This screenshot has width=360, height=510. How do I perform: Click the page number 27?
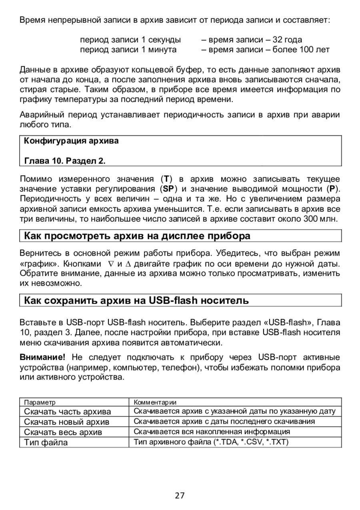click(180, 496)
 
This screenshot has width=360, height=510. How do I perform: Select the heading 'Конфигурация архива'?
click(72, 141)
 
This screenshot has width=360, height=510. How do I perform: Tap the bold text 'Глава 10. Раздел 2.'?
click(65, 161)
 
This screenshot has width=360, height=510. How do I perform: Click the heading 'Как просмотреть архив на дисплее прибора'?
click(137, 236)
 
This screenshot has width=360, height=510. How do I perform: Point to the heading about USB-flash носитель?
click(136, 300)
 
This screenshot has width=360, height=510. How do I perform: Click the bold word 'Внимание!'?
click(42, 357)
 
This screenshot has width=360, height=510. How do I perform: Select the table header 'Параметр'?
click(40, 402)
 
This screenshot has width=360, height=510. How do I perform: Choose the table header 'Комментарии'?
click(155, 402)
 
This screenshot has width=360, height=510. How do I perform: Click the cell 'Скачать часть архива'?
click(68, 412)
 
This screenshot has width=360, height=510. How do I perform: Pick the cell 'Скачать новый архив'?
click(67, 422)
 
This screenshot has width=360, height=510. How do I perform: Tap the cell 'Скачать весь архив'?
click(63, 432)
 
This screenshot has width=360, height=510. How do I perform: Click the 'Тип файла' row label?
click(46, 442)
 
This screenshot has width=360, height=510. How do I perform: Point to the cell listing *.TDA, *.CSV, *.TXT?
click(211, 442)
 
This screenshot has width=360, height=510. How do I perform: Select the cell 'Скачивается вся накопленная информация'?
click(212, 432)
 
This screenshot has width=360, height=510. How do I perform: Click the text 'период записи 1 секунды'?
click(130, 40)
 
